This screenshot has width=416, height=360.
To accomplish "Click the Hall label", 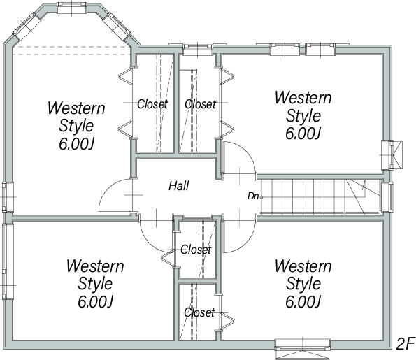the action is (x=179, y=186).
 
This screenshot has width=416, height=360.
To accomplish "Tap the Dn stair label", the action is (x=253, y=196).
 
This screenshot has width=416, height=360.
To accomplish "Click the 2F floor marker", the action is (x=405, y=344).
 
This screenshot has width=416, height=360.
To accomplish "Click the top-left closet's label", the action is (x=152, y=104).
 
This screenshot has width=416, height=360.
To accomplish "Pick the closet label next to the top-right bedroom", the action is (x=200, y=104).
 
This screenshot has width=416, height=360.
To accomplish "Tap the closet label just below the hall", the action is (x=196, y=250).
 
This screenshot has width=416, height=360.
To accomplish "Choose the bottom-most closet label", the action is (x=199, y=312).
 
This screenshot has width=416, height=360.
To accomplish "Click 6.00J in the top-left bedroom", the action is (x=76, y=144).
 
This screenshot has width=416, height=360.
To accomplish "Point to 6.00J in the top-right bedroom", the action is (x=303, y=134).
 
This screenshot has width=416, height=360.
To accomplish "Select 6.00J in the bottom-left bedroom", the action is (x=95, y=302).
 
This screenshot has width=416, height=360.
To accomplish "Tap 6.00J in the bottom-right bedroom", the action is (x=303, y=302).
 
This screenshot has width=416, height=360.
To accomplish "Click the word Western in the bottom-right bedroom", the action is (x=303, y=266).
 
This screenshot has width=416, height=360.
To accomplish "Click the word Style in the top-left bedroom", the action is (x=76, y=126).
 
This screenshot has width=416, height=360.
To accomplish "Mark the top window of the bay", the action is (x=72, y=8).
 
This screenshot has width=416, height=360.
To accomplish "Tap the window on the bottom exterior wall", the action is (x=303, y=345).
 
